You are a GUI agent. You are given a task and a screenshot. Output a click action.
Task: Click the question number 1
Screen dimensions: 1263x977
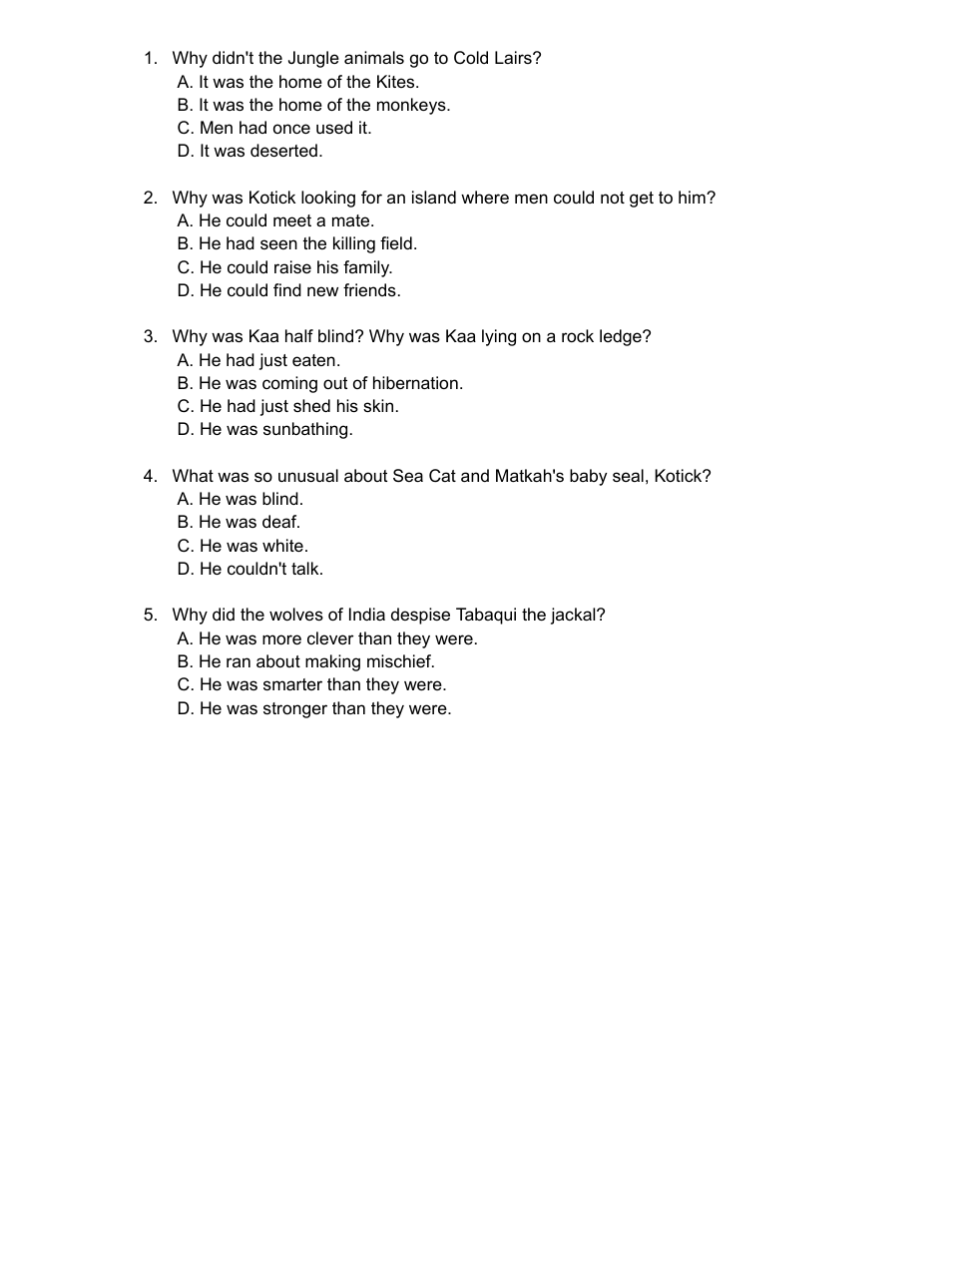[x=150, y=59]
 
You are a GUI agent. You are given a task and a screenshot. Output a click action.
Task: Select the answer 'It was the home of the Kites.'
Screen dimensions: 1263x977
[x=297, y=83]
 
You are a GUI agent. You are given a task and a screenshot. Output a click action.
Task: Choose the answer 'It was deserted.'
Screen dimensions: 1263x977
[x=249, y=152]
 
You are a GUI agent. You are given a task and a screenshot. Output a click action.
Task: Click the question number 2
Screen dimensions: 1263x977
[x=150, y=199]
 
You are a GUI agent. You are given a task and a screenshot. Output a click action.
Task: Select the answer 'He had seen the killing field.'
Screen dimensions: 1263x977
[x=297, y=244]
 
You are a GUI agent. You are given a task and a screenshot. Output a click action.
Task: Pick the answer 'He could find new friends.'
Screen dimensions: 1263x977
[x=289, y=291]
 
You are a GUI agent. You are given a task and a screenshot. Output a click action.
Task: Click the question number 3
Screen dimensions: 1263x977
[x=150, y=337]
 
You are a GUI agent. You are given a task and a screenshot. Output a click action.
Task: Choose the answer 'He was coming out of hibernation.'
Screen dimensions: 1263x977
[x=319, y=384]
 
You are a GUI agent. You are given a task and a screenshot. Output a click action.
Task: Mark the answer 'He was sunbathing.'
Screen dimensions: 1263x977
[x=265, y=430]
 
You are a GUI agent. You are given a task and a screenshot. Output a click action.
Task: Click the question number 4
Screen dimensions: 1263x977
[x=150, y=477]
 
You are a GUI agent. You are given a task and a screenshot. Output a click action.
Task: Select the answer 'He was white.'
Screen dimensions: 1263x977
[x=243, y=547]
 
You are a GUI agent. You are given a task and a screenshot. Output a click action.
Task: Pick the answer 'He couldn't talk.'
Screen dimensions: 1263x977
[x=249, y=570]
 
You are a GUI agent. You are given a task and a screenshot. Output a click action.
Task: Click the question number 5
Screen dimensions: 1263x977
[x=150, y=616]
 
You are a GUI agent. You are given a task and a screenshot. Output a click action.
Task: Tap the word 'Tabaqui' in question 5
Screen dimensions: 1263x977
[x=486, y=616]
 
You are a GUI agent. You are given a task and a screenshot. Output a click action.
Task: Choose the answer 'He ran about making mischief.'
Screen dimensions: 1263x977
[x=305, y=662]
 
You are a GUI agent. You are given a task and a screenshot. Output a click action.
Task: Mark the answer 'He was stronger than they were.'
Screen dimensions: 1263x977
[x=314, y=709]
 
